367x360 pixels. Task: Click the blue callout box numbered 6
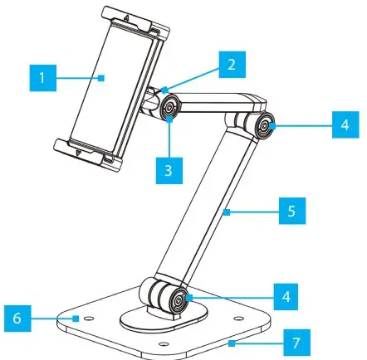[20, 318]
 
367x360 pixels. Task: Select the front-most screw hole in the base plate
[163, 343]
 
